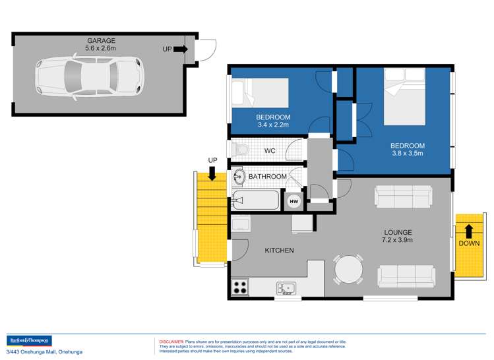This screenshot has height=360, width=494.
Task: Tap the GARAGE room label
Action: tap(101, 40)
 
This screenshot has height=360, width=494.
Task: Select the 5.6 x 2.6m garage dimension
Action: tap(101, 48)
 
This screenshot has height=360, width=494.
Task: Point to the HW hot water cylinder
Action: tap(293, 201)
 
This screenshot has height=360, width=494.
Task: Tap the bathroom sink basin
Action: tap(239, 177)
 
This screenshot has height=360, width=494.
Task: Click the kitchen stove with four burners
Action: tap(239, 287)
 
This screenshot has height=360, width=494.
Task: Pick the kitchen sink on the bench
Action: tap(286, 287)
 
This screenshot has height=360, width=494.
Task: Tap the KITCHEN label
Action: tap(279, 251)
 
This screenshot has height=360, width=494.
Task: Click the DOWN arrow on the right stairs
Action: tap(468, 231)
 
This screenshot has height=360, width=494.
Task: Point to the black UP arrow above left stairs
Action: tap(212, 173)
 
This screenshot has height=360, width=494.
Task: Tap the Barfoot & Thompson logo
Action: tap(28, 340)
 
